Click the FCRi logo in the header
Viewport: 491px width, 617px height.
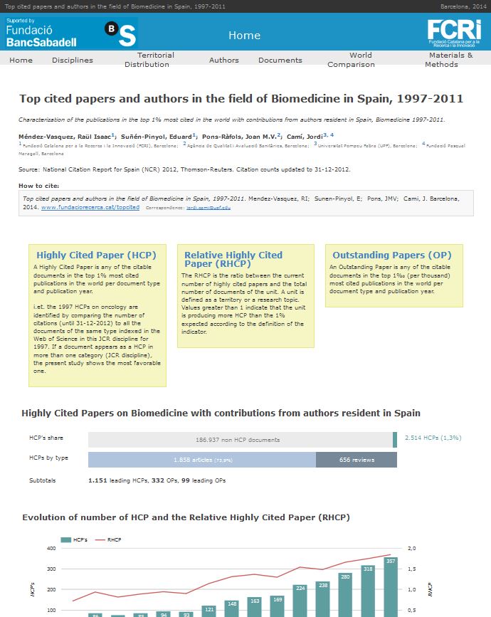click(454, 33)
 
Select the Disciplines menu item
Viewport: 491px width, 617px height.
click(72, 60)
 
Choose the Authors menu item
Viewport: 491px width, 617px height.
click(223, 60)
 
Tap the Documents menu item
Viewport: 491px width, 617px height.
click(280, 60)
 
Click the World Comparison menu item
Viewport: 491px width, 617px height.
click(351, 60)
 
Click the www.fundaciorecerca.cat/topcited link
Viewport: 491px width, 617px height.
click(90, 207)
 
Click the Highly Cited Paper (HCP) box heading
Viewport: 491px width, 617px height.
click(97, 255)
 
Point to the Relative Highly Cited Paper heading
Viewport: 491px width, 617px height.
click(233, 259)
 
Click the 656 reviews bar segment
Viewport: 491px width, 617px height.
click(357, 460)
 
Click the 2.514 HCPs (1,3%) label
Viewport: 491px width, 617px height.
click(433, 439)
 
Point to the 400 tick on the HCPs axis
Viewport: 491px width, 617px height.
click(51, 549)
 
